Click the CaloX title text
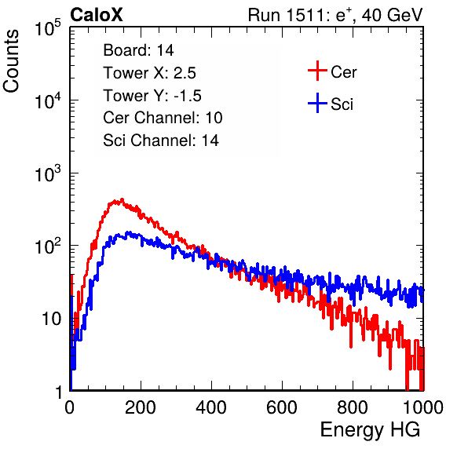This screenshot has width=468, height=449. [96, 15]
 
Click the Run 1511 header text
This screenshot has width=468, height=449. [335, 15]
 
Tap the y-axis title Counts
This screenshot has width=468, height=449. [11, 60]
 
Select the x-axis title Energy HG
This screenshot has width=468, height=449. [370, 430]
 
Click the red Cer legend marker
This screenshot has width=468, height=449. [317, 71]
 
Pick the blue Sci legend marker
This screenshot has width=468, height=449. [317, 103]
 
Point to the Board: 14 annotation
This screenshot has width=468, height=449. [138, 50]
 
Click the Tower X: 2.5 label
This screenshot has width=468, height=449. [149, 73]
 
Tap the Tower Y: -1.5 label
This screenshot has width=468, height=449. [152, 96]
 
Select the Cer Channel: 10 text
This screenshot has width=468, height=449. [163, 118]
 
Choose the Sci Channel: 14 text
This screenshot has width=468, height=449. [161, 141]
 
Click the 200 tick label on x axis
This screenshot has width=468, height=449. [141, 407]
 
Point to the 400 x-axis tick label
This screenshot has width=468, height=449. [211, 407]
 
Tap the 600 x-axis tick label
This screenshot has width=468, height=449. [282, 407]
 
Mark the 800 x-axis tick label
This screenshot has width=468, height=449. [353, 407]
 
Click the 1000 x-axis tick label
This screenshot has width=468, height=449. [423, 407]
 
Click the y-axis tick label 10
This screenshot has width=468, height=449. [52, 319]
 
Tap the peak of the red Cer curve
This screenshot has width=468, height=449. [122, 199]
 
